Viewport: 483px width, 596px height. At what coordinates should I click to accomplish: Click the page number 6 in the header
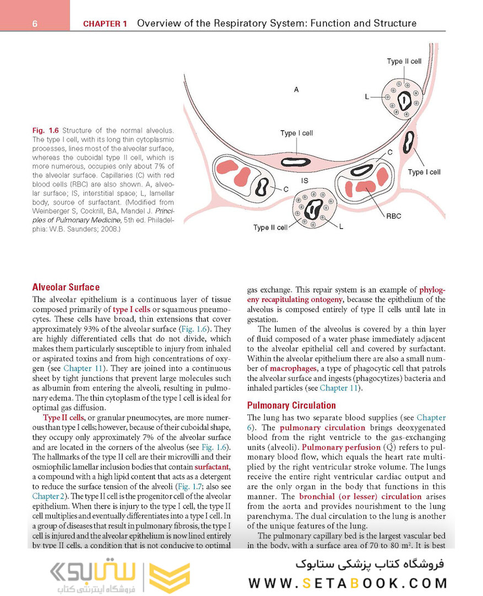coord(34,24)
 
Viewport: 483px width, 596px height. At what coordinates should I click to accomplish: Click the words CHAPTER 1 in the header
coord(105,24)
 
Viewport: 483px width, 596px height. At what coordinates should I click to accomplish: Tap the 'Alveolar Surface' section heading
coord(66,287)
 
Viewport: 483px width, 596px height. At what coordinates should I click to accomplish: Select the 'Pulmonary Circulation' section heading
coord(291,405)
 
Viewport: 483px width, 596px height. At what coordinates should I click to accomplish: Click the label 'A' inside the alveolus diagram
coord(296,89)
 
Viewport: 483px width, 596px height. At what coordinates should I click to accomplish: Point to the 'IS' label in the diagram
coord(304,180)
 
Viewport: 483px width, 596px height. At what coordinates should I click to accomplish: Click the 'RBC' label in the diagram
coord(394,216)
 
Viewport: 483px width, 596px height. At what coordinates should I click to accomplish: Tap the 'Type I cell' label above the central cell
coord(296,133)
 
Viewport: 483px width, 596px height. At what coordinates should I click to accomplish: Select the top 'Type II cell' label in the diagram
coord(404,61)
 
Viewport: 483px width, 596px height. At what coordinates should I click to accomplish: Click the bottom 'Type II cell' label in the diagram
coord(270,227)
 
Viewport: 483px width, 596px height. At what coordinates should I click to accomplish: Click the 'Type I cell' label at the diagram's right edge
coord(424,172)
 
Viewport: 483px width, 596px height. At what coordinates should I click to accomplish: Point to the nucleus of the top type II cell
coord(406,100)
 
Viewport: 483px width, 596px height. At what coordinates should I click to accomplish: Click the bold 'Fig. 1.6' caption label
coord(46,131)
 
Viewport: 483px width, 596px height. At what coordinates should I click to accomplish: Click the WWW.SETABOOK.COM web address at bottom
coord(348,583)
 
